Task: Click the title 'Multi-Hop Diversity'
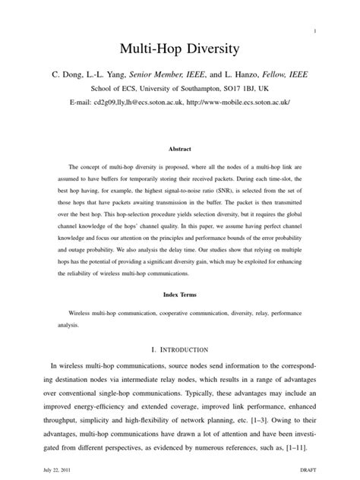click(x=179, y=50)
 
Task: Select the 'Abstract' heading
click(x=180, y=150)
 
